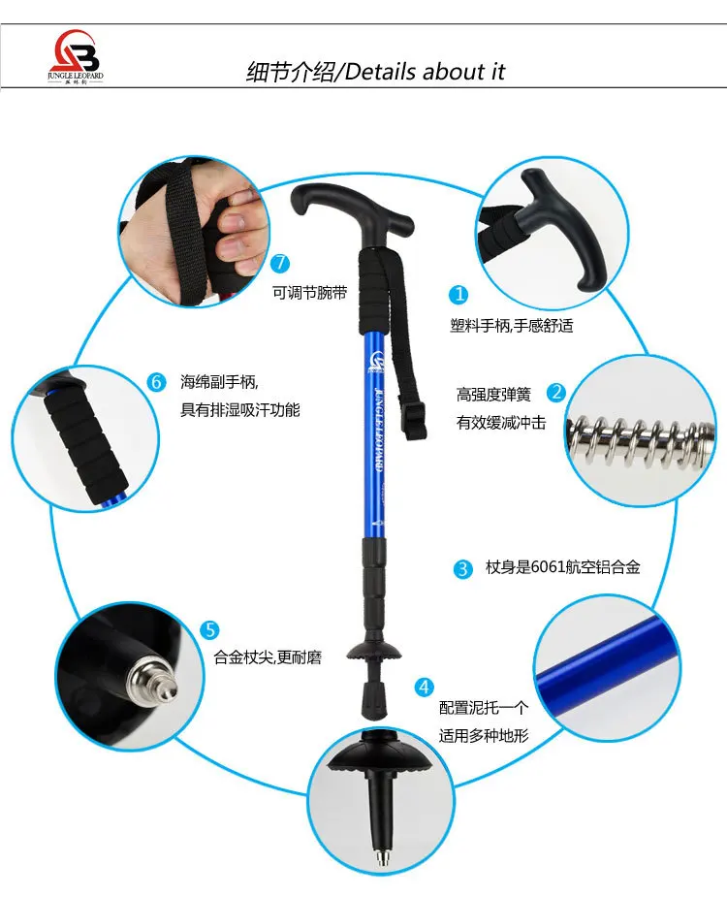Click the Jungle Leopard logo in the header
point(75,56)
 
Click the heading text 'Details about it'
point(425,72)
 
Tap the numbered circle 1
point(458,295)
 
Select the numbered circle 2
point(556,393)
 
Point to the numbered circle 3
point(462,568)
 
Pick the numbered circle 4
point(424,687)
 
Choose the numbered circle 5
point(210,630)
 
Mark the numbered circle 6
point(156,381)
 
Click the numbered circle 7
point(280,263)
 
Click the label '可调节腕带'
point(309,293)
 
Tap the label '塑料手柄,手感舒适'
point(512,326)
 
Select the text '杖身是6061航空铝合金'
point(563,567)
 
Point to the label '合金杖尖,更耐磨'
point(268,657)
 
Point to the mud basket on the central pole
point(372,652)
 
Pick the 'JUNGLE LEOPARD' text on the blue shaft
point(378,431)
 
